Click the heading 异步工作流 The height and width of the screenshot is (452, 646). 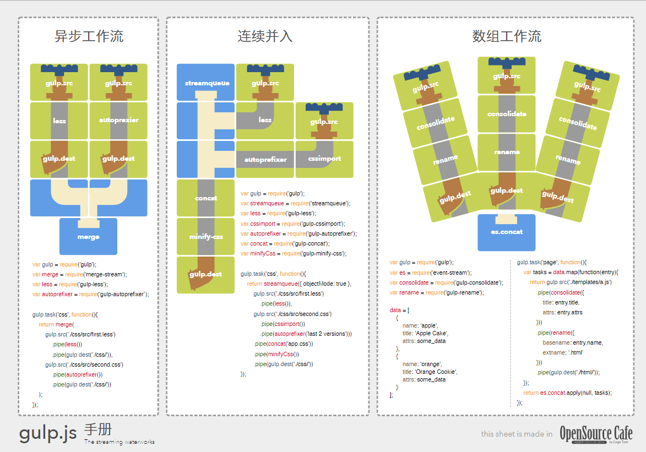pyautogui.click(x=89, y=37)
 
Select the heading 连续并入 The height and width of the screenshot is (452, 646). pyautogui.click(x=265, y=37)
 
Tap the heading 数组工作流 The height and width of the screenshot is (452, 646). pyautogui.click(x=507, y=37)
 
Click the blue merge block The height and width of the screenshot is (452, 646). pyautogui.click(x=88, y=237)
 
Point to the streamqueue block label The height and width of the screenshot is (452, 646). pyautogui.click(x=207, y=83)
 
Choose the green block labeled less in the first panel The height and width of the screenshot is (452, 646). pyautogui.click(x=59, y=121)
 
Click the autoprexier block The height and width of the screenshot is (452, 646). pyautogui.click(x=118, y=120)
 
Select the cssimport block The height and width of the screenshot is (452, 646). pyautogui.click(x=324, y=159)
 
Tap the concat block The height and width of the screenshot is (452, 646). pyautogui.click(x=206, y=198)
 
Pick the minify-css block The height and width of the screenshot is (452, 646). pyautogui.click(x=206, y=237)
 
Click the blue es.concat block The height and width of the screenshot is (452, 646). pyautogui.click(x=507, y=232)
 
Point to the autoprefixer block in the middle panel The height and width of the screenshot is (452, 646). pyautogui.click(x=265, y=160)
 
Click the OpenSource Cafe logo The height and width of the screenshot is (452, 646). pyautogui.click(x=596, y=434)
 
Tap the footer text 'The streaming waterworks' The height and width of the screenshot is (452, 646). pyautogui.click(x=120, y=442)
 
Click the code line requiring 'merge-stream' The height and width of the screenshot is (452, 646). pyautogui.click(x=80, y=274)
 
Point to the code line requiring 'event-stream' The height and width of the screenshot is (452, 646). pyautogui.click(x=431, y=273)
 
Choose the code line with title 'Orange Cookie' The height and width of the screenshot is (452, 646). pyautogui.click(x=430, y=372)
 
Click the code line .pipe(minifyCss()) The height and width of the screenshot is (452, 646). pyautogui.click(x=276, y=354)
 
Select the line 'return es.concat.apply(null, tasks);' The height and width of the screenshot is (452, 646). pyautogui.click(x=567, y=393)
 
